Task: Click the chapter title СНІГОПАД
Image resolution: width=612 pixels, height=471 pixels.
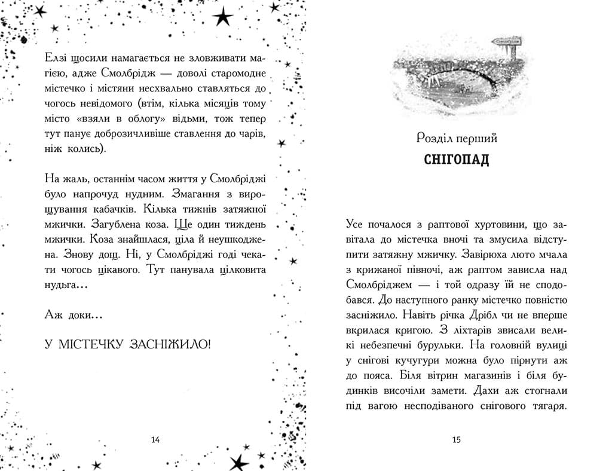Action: point(456,160)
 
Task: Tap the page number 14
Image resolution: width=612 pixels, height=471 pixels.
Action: point(155,441)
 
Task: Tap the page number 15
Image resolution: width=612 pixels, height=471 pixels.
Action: point(456,441)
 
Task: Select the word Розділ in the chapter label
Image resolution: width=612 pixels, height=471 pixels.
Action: point(436,139)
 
